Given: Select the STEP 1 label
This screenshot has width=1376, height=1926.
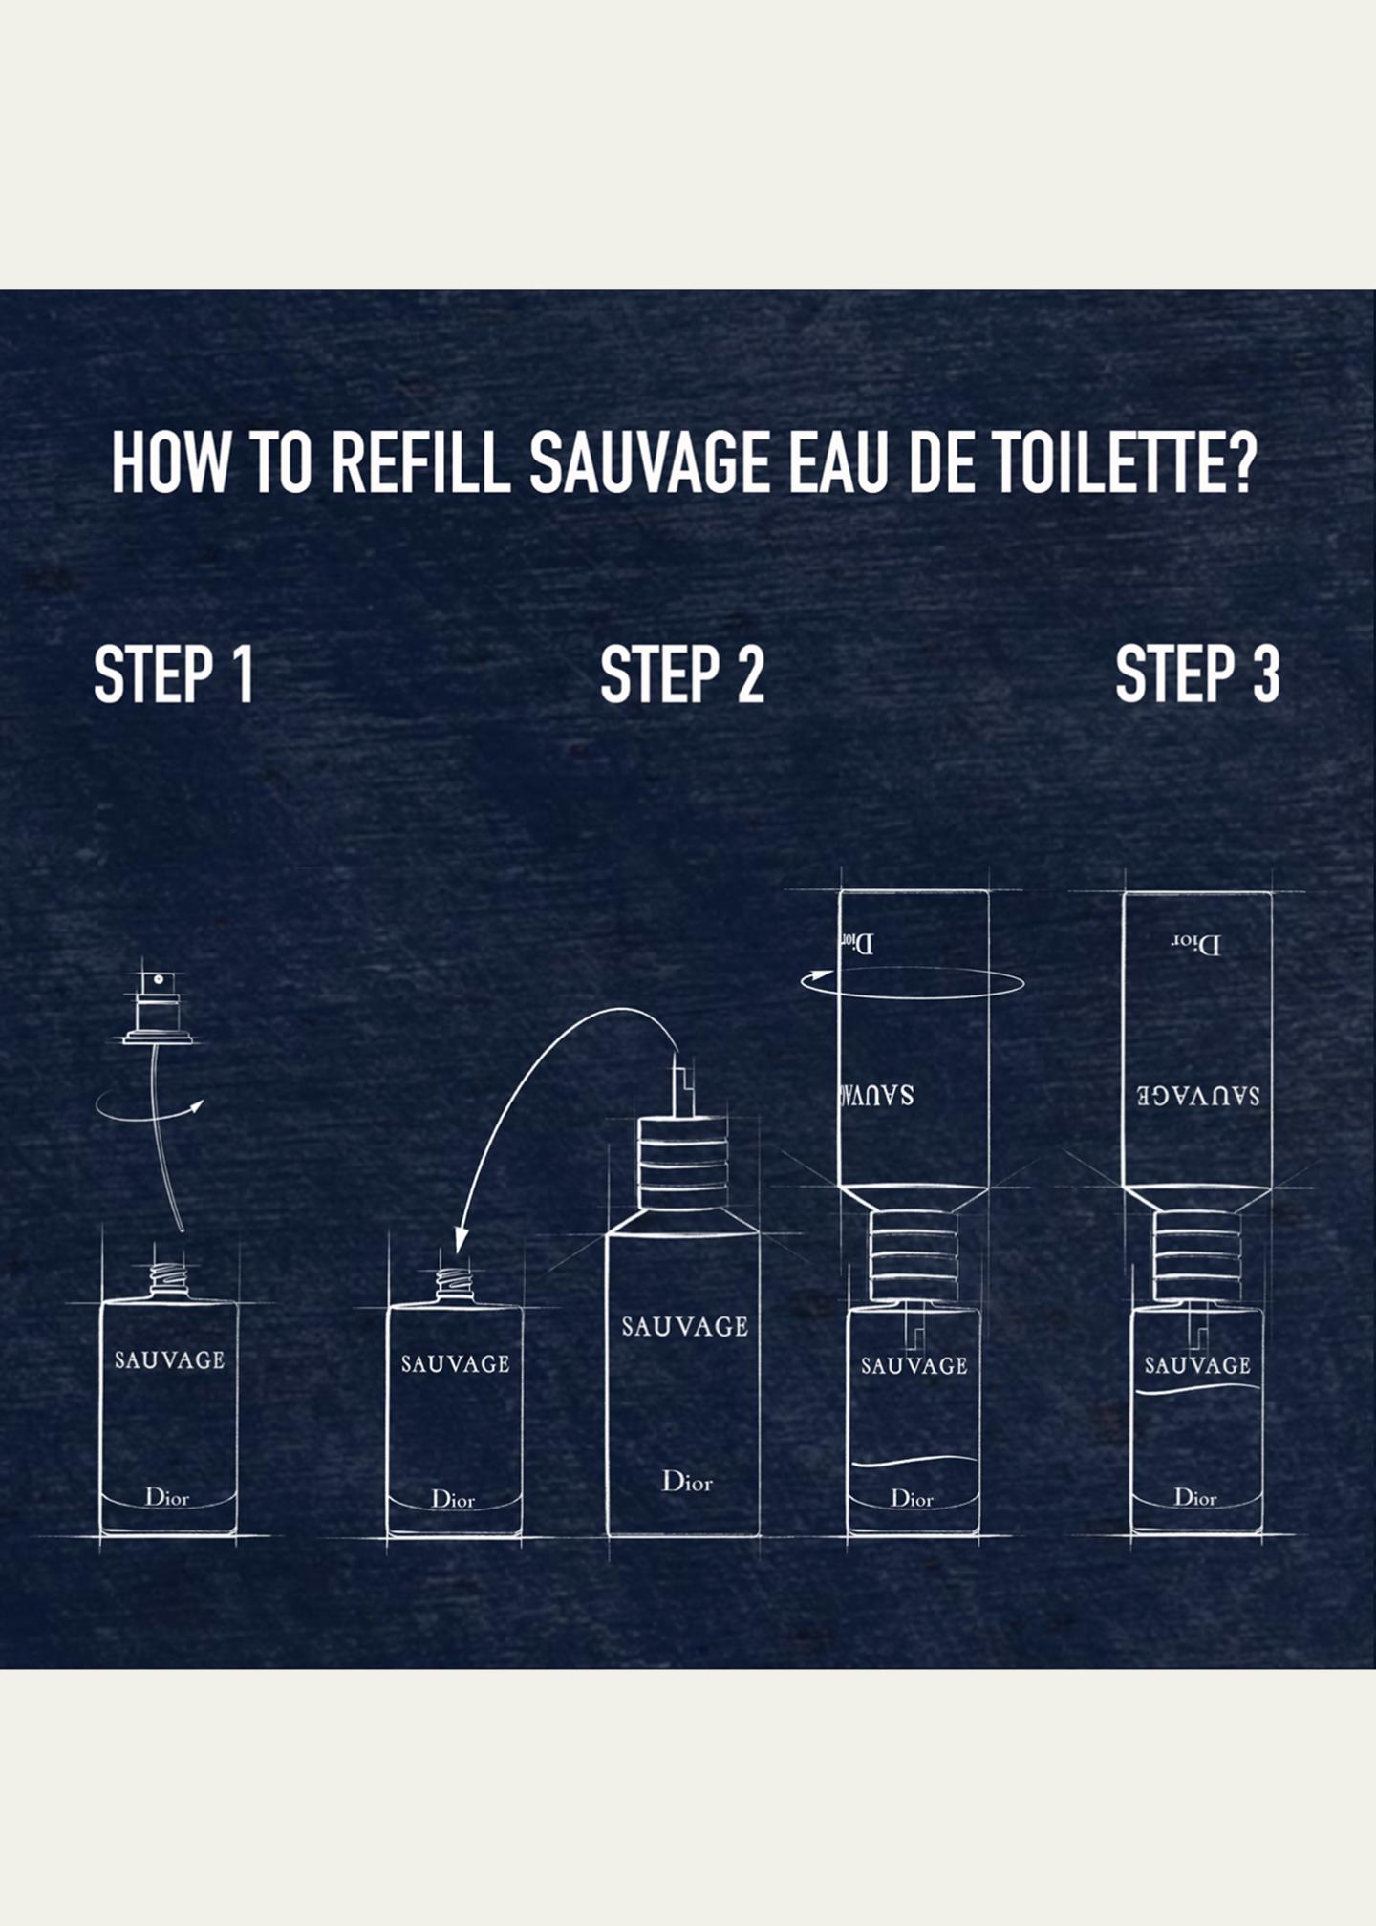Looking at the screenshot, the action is click(174, 674).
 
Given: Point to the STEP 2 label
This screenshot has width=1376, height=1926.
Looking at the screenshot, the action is click(682, 674).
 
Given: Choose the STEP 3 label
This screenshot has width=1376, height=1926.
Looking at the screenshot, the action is click(1197, 674).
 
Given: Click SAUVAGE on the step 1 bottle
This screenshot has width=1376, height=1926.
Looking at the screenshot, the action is click(169, 1359).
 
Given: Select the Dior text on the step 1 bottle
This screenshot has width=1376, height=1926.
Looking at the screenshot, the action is click(167, 1497).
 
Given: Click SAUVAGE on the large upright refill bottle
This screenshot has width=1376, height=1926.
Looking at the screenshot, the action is click(684, 1327).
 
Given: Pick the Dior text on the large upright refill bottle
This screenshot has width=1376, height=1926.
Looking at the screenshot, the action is click(687, 1482).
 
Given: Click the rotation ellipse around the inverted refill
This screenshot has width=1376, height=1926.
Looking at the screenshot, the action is click(913, 997).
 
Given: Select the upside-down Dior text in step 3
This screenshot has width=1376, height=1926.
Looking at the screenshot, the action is click(1197, 945).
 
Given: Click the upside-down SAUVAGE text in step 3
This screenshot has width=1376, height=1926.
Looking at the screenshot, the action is click(1198, 1095).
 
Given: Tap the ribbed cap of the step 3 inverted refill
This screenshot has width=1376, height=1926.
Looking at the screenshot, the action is click(1197, 1256).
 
